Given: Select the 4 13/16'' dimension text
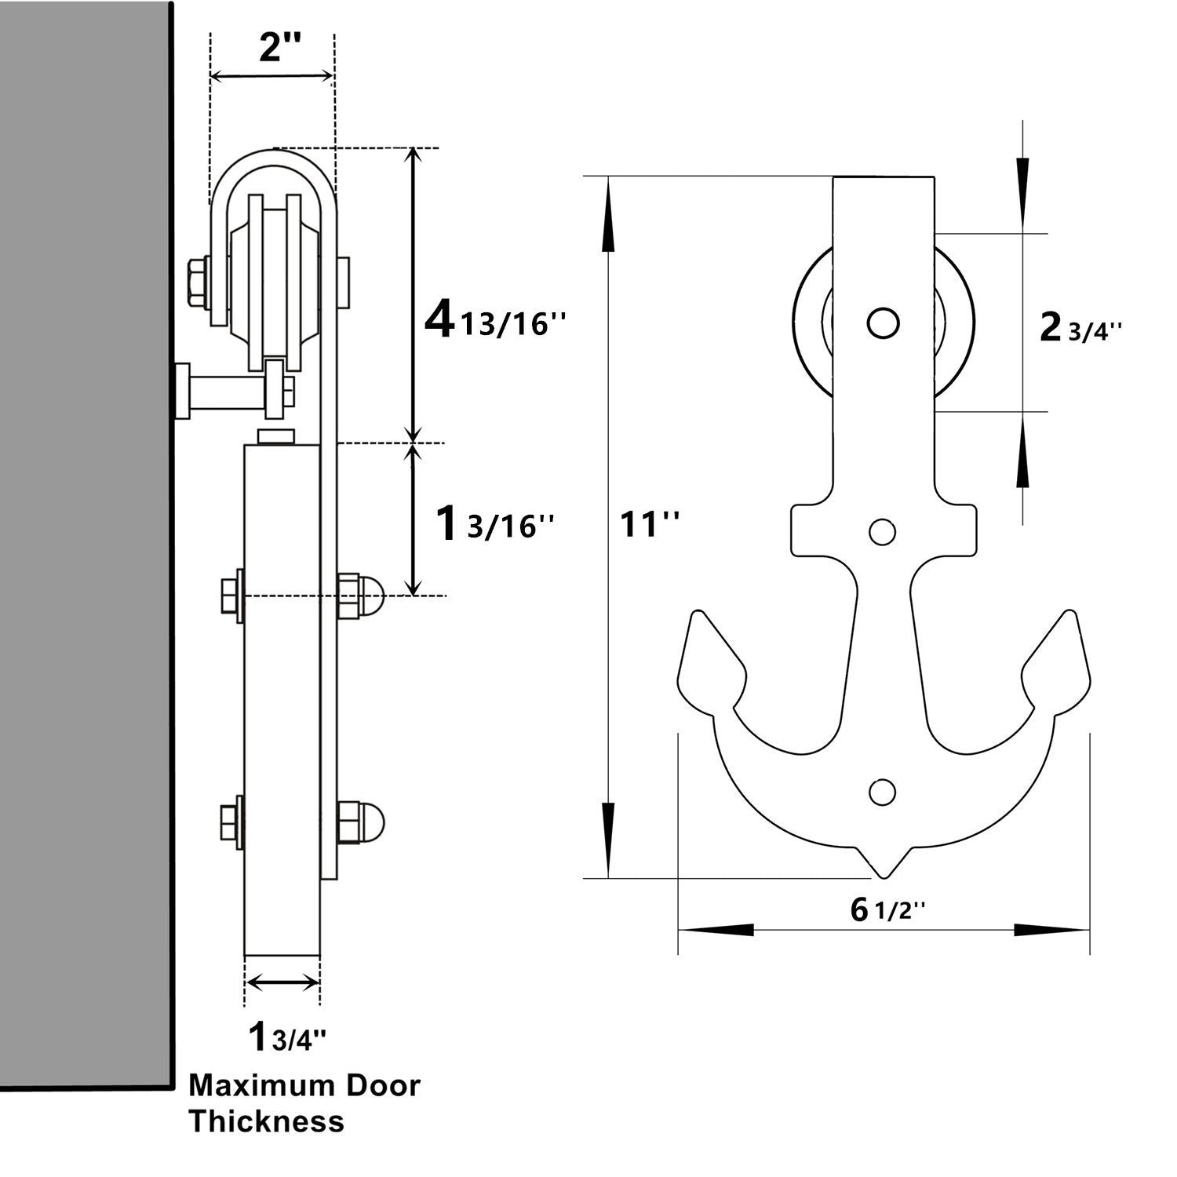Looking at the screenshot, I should pyautogui.click(x=494, y=322).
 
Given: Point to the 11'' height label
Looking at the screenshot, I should pyautogui.click(x=650, y=524).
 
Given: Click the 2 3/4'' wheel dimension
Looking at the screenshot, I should pyautogui.click(x=1080, y=329).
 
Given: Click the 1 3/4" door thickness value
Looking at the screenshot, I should pyautogui.click(x=286, y=1037).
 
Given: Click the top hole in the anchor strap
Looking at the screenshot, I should pyautogui.click(x=883, y=322).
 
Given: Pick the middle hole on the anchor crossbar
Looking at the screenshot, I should pyautogui.click(x=883, y=533).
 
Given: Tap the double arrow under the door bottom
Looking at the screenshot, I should pyautogui.click(x=282, y=982).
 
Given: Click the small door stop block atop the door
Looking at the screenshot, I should pyautogui.click(x=276, y=436).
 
